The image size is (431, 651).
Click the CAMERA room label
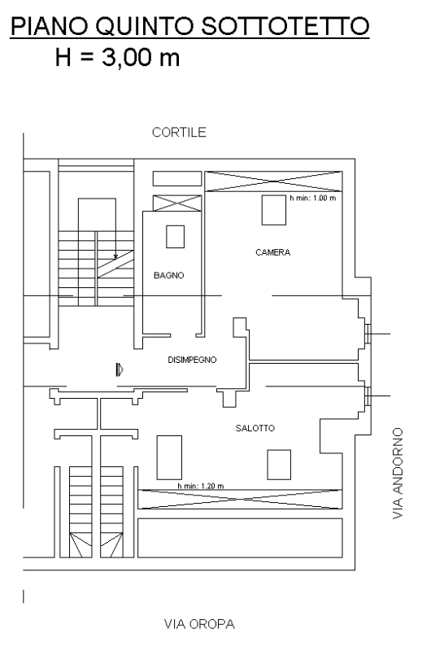coord(272,252)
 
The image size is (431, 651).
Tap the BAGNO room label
coord(169,275)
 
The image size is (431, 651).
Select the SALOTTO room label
coord(255,428)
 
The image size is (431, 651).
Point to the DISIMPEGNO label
coord(192,360)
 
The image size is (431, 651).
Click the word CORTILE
coord(179,133)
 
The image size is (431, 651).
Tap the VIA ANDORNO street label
coord(398,474)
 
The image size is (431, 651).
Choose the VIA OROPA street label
coord(199,624)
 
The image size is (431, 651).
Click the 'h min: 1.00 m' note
coord(313,198)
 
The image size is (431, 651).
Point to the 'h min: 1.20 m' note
coord(201,486)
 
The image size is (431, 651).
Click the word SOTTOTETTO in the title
coord(285,26)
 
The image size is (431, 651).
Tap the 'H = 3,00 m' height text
coord(117,57)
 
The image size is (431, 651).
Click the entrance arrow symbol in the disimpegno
coord(120,369)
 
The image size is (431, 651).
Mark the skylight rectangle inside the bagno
coord(176,237)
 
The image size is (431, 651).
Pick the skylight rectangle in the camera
coord(274,210)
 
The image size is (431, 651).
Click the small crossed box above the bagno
coord(177,203)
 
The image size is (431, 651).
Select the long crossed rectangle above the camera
coord(273,181)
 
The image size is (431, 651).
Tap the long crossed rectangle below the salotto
coord(240,499)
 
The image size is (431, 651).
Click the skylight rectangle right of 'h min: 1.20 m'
coord(279,464)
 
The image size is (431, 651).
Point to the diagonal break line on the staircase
coord(115,264)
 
